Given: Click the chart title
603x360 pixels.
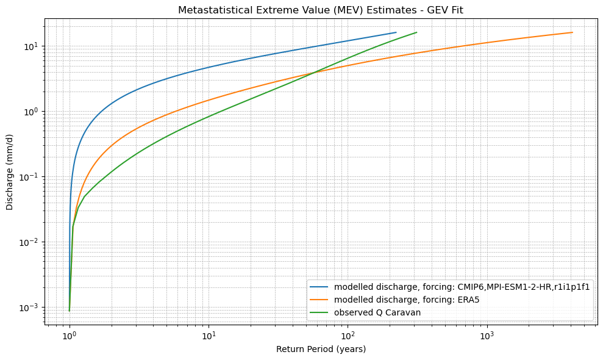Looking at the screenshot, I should pyautogui.click(x=321, y=10).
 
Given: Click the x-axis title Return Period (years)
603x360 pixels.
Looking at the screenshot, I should pyautogui.click(x=321, y=349).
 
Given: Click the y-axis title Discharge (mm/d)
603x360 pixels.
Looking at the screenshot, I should pyautogui.click(x=10, y=173).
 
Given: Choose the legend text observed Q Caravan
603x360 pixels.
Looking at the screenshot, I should pyautogui.click(x=377, y=312).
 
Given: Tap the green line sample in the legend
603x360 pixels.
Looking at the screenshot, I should pyautogui.click(x=320, y=312).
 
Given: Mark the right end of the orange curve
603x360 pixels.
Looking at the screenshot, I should pyautogui.click(x=572, y=32).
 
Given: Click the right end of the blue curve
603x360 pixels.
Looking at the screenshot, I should pyautogui.click(x=396, y=32).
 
